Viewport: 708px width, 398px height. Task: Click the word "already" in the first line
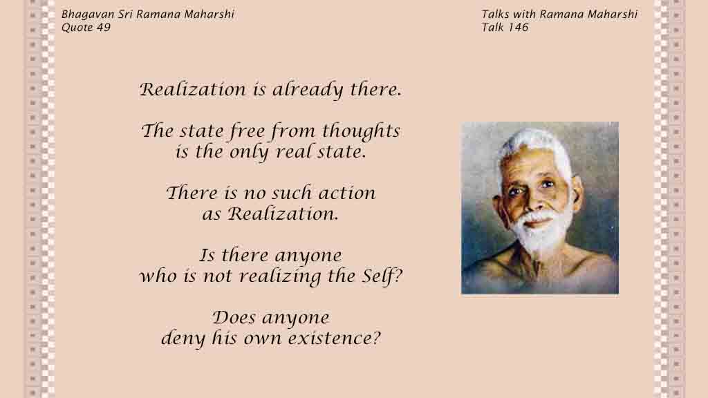[x=308, y=90]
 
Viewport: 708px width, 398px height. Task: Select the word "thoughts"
[x=361, y=131]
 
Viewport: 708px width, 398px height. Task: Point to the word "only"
[x=249, y=152]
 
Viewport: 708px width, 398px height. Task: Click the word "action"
[x=347, y=193]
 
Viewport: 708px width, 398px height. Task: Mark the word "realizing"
[x=279, y=276]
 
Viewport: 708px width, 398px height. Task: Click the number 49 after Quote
[x=104, y=28]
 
